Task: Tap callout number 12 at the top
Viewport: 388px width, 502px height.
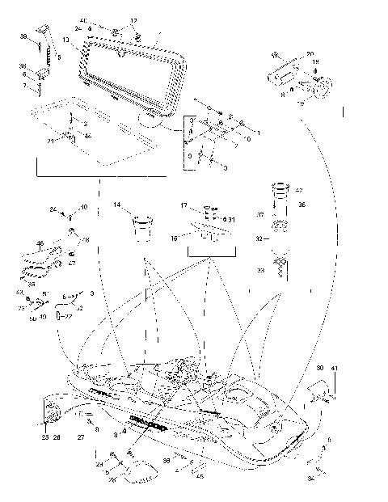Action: coord(134,20)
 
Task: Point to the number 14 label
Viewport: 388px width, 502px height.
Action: coord(117,205)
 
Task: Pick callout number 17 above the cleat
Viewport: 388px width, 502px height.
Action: coord(206,207)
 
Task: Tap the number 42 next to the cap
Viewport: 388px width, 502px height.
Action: coord(298,191)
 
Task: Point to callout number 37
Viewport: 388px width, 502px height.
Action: coord(260,215)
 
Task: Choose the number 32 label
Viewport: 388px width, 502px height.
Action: coord(259,239)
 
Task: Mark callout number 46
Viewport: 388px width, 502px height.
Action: coord(40,243)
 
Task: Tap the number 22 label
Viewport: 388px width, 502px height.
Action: coord(69,316)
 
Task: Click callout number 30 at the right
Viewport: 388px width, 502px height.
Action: coord(320,368)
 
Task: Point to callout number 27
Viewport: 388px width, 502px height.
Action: coord(80,437)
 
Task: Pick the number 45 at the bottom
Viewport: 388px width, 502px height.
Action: coord(199,475)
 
